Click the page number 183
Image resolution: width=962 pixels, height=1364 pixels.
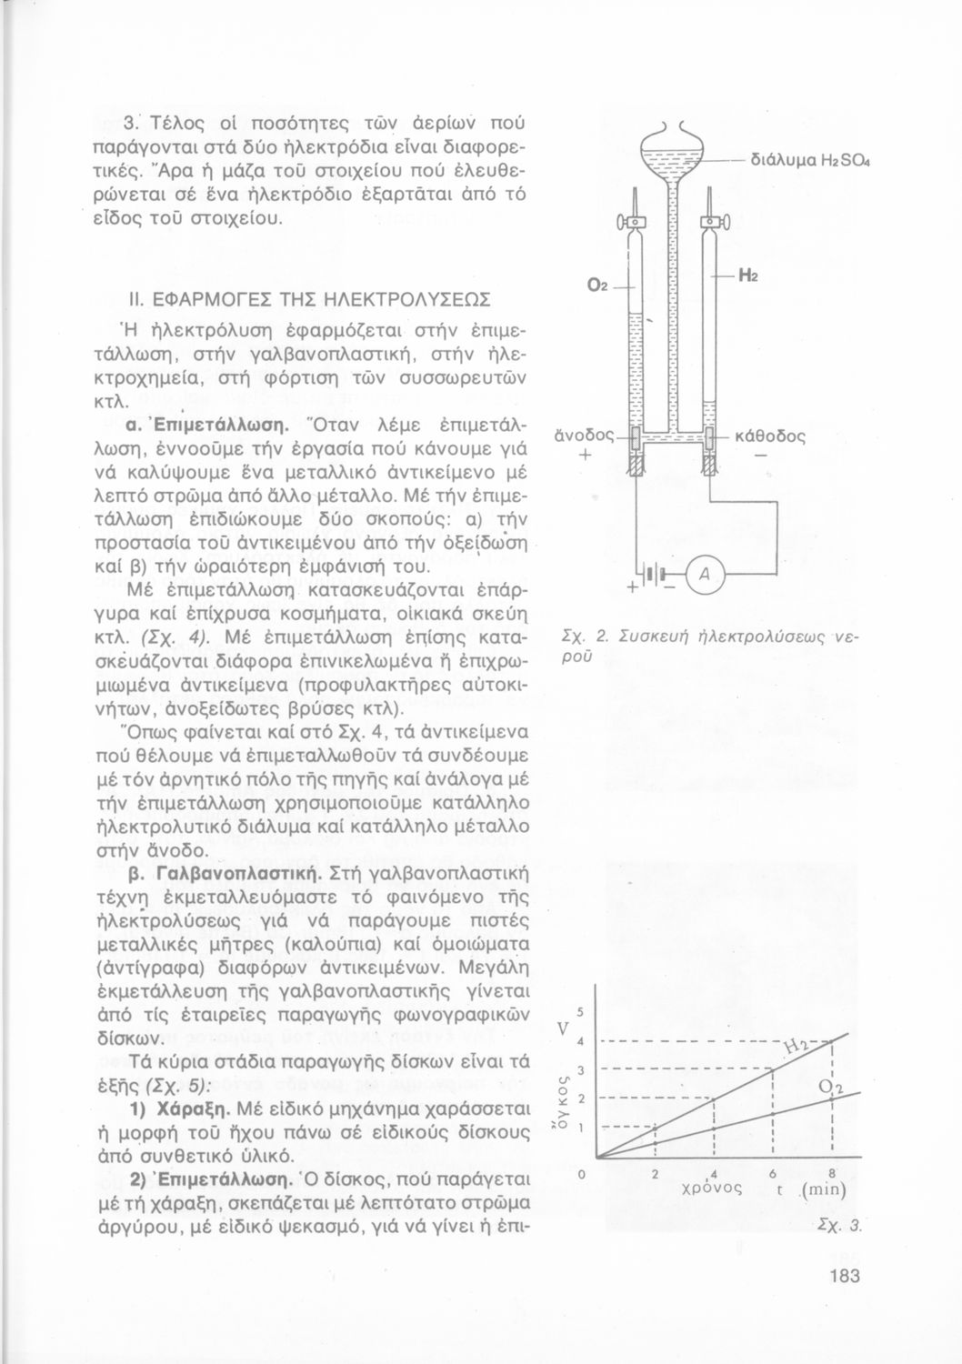click(x=844, y=1276)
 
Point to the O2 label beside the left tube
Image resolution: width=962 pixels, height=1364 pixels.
click(x=597, y=286)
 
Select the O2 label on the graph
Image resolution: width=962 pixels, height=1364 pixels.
click(x=830, y=1088)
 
